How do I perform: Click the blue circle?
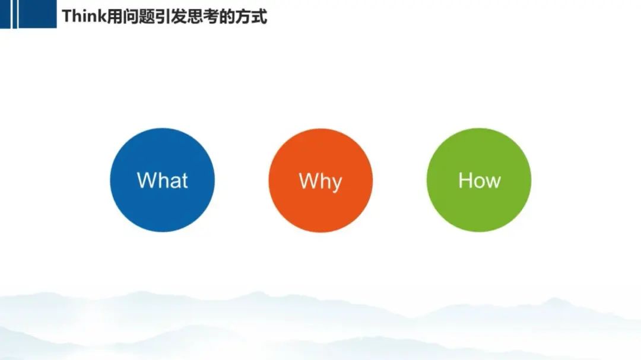pos(162,180)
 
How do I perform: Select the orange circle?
pos(320,180)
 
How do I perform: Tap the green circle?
pos(479,180)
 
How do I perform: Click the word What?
pos(162,180)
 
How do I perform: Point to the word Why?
pos(320,181)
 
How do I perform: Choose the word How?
pos(479,180)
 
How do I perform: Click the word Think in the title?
pos(84,17)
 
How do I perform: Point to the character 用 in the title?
pos(114,17)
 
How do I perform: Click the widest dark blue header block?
pos(37,14)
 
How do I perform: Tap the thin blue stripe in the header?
pos(15,14)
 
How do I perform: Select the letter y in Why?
pos(337,184)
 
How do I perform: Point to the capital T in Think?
pos(66,17)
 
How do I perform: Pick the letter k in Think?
pos(101,17)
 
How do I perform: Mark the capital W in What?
pos(146,180)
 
